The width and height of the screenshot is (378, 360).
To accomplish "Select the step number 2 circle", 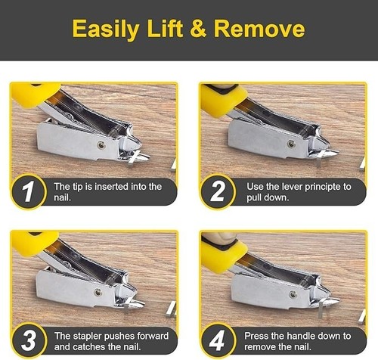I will click(x=218, y=191).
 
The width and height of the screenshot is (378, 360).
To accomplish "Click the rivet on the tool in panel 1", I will click(x=101, y=144).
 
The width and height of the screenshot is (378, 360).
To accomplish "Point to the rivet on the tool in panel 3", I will click(x=99, y=292).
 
